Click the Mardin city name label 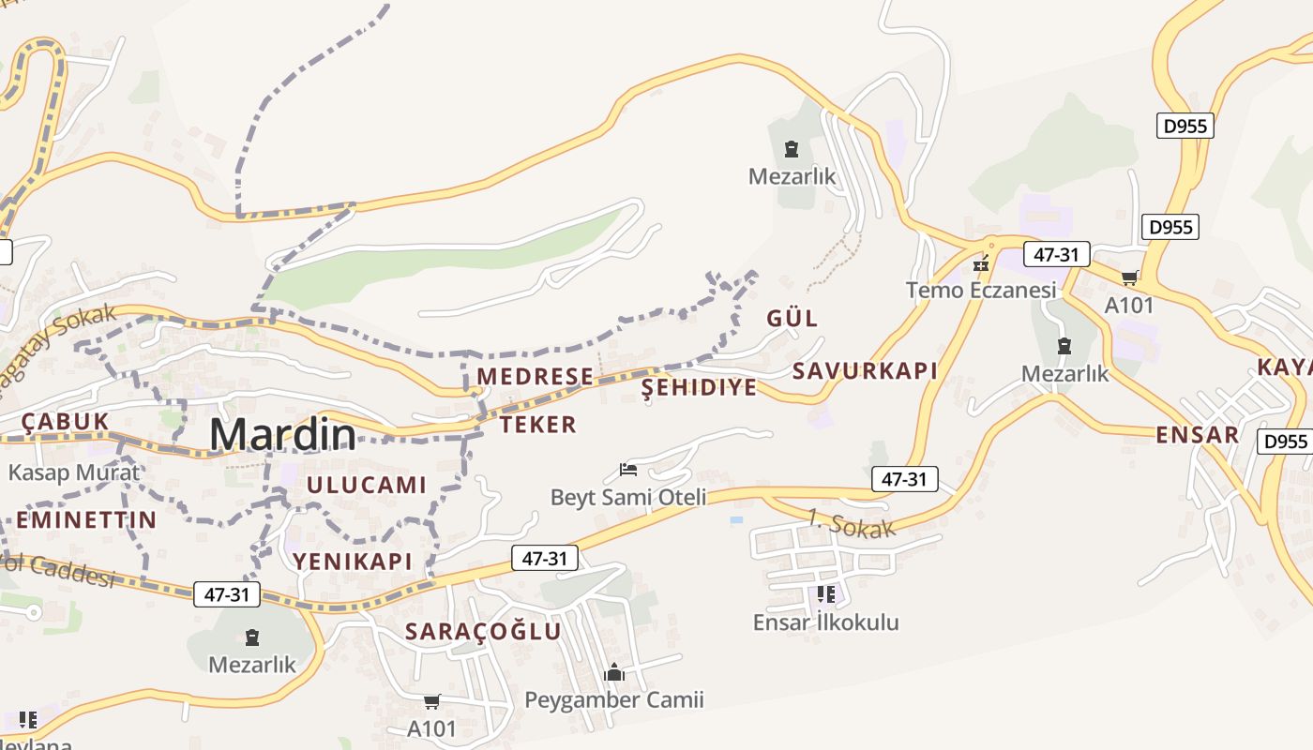[x=282, y=435]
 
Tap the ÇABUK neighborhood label [x=66, y=422]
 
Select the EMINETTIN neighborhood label [x=86, y=519]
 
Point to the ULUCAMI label [x=367, y=485]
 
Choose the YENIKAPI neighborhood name [x=353, y=562]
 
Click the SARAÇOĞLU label [x=483, y=631]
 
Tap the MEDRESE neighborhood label [x=535, y=377]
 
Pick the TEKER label [x=537, y=425]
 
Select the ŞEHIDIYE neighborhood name [x=699, y=388]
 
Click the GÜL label [x=792, y=318]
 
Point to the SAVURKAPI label [x=865, y=370]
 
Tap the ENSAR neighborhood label [x=1197, y=435]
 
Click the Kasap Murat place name [x=73, y=472]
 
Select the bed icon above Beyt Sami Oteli [x=628, y=469]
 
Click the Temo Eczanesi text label [x=981, y=290]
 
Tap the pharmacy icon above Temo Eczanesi [x=981, y=265]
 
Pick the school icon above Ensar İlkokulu [x=825, y=594]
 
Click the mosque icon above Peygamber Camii [x=614, y=672]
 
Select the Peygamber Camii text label [x=613, y=699]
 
